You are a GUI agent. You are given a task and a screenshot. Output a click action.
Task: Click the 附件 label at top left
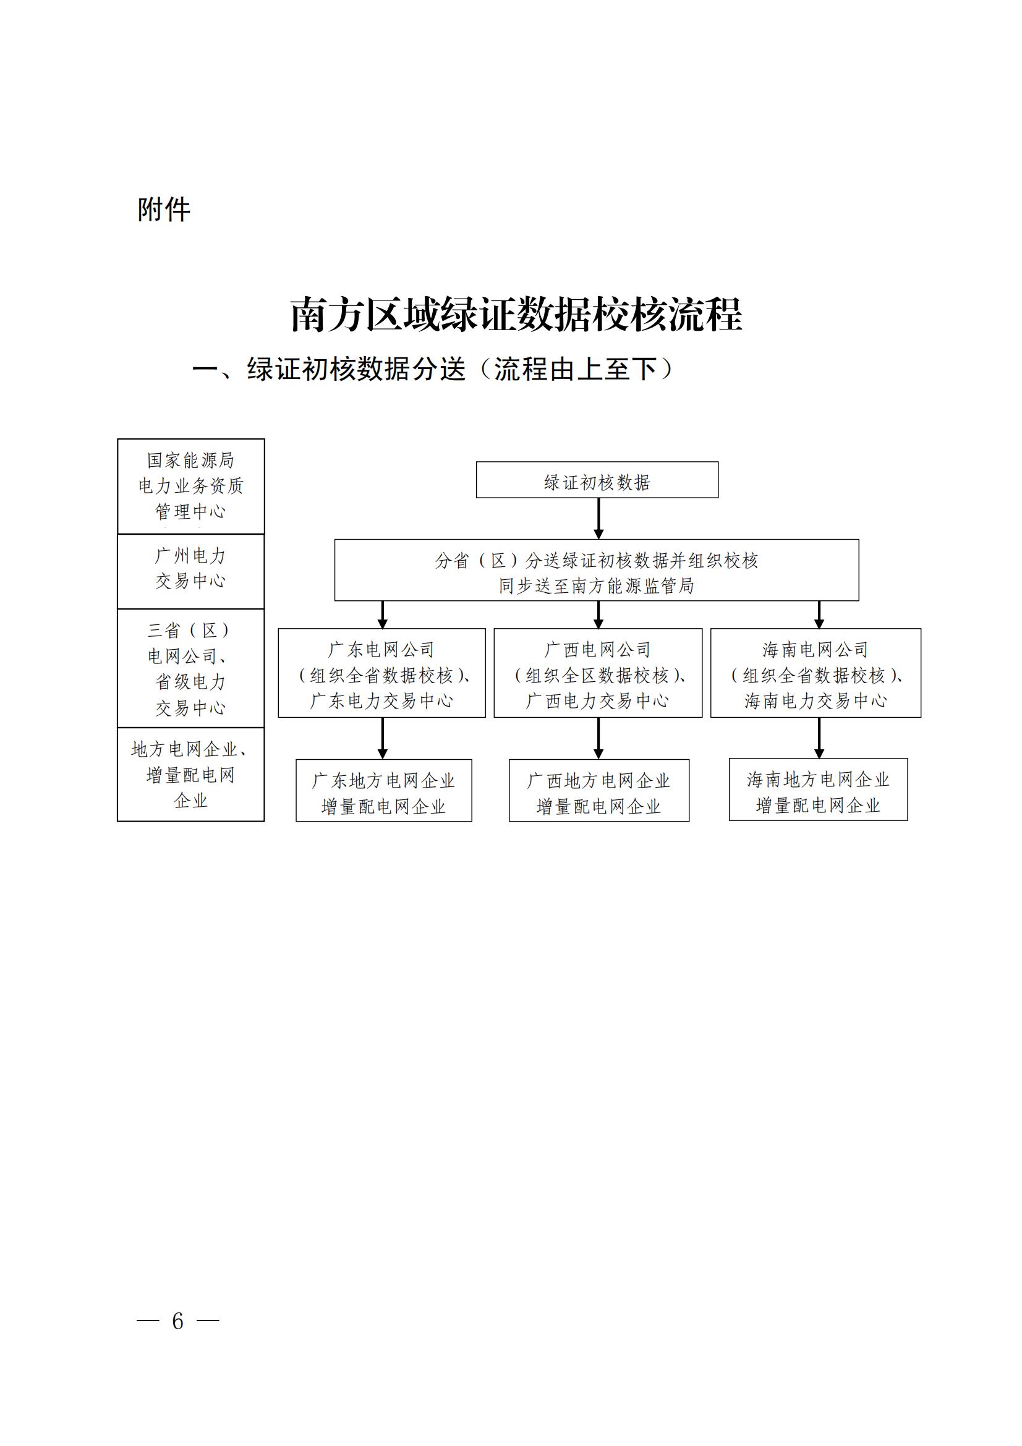164,209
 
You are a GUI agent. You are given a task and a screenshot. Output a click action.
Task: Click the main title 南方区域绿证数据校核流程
516,314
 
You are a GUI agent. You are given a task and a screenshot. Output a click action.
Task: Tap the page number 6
177,1321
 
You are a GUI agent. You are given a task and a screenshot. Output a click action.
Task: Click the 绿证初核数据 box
597,482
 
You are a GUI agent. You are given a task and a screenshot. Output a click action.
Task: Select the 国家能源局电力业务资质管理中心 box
191,486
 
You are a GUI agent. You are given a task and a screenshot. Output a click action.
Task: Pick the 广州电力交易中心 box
191,571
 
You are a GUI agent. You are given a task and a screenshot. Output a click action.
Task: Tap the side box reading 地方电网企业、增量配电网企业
191,774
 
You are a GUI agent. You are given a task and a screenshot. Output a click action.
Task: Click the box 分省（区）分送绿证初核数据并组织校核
597,570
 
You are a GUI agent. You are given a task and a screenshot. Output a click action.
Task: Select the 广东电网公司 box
381,673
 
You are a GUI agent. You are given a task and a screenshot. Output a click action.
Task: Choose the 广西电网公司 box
598,673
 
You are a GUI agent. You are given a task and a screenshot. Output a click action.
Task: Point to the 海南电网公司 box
815,673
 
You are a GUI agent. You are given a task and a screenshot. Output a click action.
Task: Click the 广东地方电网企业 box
383,791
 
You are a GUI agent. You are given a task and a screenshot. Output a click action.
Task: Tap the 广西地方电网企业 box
599,791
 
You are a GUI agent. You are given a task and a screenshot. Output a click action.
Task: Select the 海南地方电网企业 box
818,789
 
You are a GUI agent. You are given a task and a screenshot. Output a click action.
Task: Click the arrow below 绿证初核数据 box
598,518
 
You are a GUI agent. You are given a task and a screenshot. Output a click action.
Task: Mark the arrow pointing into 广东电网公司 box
382,615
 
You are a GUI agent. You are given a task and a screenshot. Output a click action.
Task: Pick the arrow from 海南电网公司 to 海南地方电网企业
819,738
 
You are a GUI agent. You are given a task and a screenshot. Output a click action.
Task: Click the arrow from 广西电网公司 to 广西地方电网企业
598,738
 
